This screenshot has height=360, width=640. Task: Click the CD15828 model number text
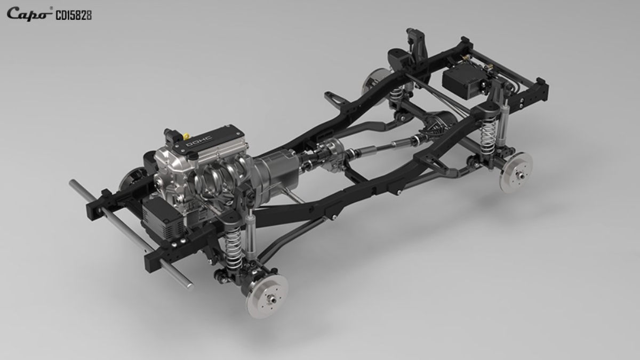pos(74,15)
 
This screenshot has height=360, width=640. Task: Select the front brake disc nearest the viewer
pos(267,296)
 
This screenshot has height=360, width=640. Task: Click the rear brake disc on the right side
pos(516,172)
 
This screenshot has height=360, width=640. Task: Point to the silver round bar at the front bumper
pos(131,233)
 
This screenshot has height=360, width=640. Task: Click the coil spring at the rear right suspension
pos(488,137)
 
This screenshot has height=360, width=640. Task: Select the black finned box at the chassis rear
pos(465,81)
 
